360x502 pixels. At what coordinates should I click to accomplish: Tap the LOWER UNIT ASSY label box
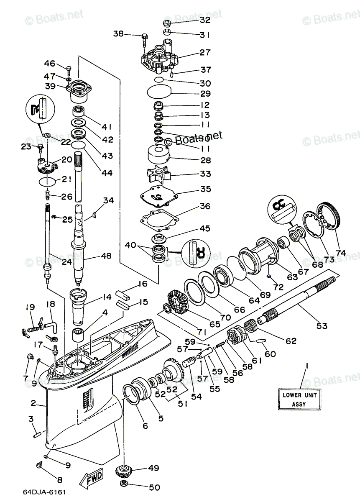(299, 399)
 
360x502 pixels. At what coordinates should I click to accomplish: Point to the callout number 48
(106, 256)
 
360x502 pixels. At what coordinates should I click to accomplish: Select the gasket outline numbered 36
(159, 220)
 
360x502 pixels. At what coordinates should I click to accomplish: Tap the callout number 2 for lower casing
(34, 404)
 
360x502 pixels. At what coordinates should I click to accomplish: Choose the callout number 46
(50, 64)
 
